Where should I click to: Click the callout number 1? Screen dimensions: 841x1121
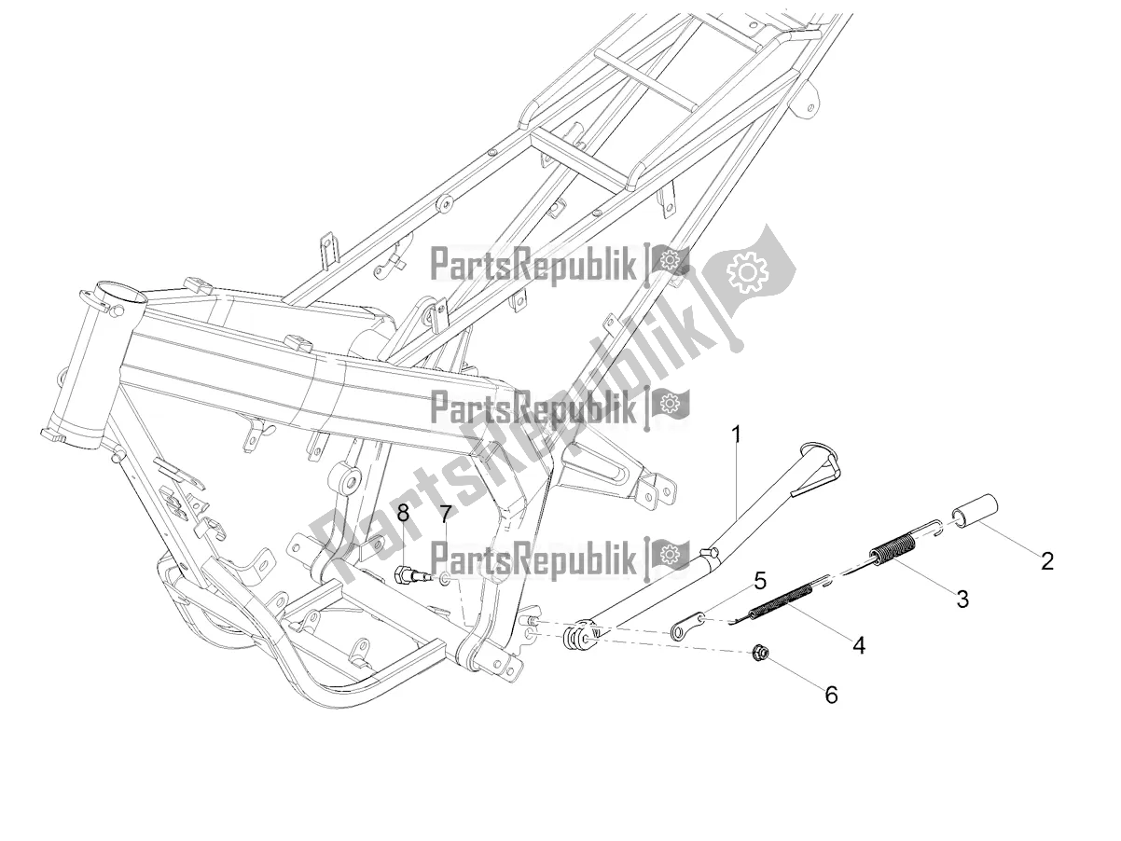tap(737, 434)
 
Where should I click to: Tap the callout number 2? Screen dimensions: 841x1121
tap(1046, 560)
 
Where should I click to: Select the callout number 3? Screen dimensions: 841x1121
tap(962, 599)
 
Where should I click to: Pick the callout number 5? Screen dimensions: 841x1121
tap(760, 581)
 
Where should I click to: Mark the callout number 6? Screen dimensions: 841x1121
tap(830, 694)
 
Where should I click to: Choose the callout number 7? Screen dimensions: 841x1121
tap(445, 514)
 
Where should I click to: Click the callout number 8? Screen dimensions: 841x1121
tap(403, 512)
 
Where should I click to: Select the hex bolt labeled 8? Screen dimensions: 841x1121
tap(410, 575)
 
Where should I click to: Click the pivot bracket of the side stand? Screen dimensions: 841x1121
tap(578, 637)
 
